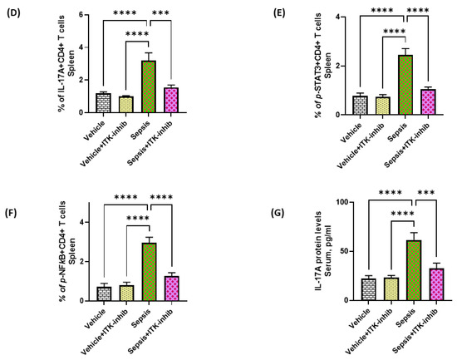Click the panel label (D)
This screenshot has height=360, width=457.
point(14,12)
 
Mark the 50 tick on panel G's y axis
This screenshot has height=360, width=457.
point(326,251)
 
